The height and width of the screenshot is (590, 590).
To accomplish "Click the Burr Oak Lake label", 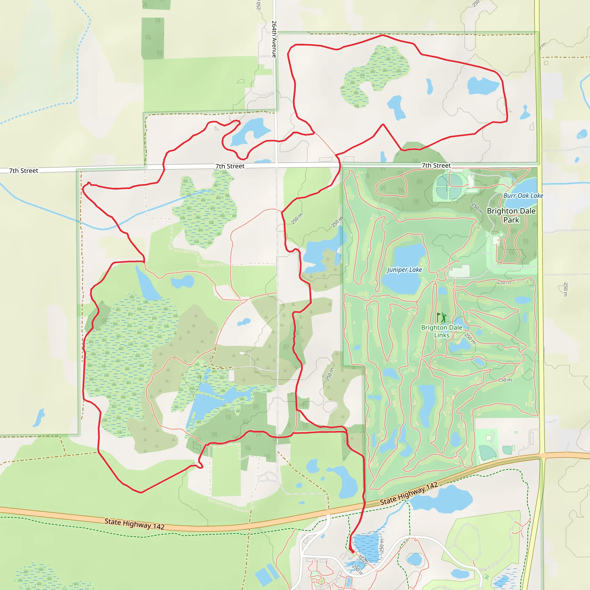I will click(523, 196).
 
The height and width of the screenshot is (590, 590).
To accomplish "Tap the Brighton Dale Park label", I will click(511, 215).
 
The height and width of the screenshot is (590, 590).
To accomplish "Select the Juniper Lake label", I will click(404, 270).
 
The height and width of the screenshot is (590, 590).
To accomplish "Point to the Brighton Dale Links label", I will click(442, 331).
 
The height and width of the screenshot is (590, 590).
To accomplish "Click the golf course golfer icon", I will click(441, 317).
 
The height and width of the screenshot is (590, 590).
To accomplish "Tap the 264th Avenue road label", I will click(274, 39).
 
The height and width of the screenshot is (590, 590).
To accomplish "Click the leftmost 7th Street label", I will click(24, 171).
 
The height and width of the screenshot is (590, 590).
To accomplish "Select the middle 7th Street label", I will click(230, 166).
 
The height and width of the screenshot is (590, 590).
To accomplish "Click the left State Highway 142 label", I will click(134, 524).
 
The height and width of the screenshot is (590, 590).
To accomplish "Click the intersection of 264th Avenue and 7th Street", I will click(276, 165).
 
